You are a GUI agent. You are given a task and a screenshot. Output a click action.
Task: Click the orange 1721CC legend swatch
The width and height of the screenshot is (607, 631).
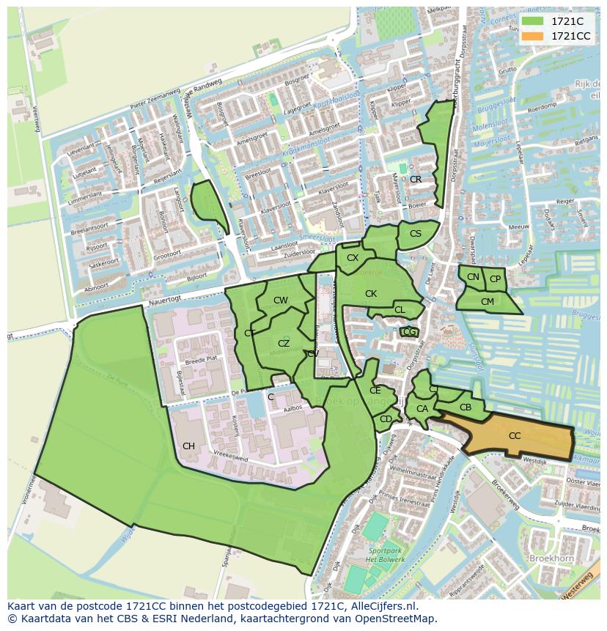533,36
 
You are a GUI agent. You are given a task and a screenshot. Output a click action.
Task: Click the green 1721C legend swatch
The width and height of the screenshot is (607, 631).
533,21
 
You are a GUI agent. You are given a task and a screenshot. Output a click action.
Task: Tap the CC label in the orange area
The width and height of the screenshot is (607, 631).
515,436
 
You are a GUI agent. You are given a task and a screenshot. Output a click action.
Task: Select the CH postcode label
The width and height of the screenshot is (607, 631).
188,446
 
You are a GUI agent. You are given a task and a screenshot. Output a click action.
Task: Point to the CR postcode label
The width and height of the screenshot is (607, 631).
416,180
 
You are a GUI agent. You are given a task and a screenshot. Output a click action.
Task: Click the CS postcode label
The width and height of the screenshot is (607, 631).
416,234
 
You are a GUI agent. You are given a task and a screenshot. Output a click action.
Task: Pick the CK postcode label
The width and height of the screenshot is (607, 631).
371,294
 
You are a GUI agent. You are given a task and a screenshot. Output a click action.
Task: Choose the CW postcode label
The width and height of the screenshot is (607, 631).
281,300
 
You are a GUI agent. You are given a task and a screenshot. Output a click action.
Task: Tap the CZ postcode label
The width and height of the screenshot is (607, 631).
284,344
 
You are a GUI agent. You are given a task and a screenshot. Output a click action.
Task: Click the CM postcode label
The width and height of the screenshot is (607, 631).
488,301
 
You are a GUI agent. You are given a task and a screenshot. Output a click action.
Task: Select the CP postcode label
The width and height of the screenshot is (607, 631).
496,279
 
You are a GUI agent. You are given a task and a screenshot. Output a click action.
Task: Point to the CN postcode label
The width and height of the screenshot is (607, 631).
473,277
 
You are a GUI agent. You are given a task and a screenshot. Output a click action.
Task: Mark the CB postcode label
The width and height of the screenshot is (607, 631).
466,407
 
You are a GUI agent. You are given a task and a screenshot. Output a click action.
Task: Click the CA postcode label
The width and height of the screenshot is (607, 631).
422,409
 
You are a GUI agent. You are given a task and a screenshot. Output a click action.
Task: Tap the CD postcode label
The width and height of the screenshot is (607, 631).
386,419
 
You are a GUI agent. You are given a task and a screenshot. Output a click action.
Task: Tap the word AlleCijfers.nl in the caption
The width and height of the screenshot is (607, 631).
378,606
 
